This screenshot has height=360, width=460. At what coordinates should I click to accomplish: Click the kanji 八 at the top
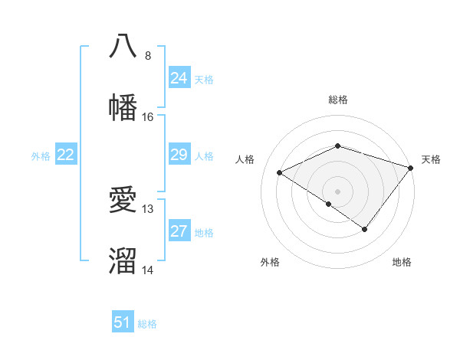tap(123, 45)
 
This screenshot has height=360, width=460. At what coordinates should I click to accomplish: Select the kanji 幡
tap(123, 106)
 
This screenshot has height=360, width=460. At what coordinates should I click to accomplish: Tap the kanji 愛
tap(123, 199)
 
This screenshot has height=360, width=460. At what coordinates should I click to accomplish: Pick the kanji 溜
tap(123, 260)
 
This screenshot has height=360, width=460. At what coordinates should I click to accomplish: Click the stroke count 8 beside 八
tap(147, 56)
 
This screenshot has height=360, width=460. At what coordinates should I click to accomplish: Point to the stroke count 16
tap(148, 117)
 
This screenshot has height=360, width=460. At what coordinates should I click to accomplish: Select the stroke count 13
tap(148, 209)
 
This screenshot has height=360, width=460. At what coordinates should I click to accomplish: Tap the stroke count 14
tap(148, 270)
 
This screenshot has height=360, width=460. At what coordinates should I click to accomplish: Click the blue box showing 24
tap(179, 78)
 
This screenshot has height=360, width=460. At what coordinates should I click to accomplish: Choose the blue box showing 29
tap(179, 155)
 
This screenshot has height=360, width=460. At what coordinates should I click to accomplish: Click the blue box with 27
tap(179, 231)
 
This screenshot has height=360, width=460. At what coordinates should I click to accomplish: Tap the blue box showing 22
tap(66, 155)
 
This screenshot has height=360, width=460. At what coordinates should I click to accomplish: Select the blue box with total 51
tap(123, 322)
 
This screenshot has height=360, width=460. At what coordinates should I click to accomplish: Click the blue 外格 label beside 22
tap(41, 156)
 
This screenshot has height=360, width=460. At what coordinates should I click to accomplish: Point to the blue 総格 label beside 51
tap(147, 324)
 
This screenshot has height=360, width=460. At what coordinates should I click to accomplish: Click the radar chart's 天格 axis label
tap(431, 159)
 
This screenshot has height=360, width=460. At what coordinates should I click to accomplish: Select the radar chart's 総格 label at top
tap(337, 100)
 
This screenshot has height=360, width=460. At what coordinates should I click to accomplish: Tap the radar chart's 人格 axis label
tap(245, 159)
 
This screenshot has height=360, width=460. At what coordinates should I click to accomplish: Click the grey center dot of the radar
tap(337, 191)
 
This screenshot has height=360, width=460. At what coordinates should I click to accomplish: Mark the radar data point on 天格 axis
tap(411, 167)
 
